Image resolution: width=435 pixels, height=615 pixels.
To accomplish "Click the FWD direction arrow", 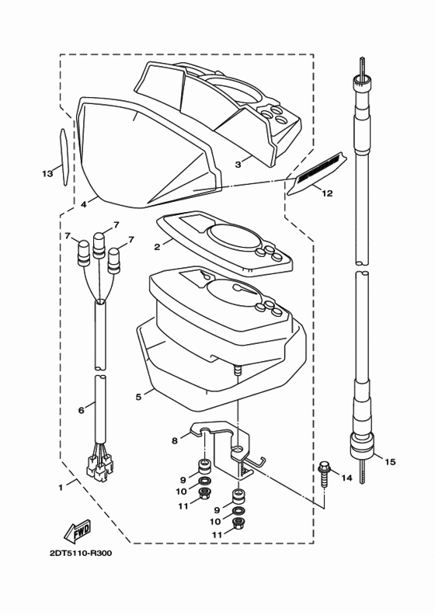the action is click(77, 530).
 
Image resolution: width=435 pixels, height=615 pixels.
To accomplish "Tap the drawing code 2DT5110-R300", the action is click(81, 554).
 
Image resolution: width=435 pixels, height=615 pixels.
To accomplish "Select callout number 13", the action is click(47, 173).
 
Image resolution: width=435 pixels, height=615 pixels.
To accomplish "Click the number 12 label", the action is click(328, 193).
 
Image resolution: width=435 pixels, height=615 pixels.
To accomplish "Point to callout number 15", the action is click(390, 462).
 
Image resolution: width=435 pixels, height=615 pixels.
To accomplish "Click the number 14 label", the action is click(346, 478).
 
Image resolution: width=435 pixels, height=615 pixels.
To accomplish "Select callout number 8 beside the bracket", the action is click(175, 440).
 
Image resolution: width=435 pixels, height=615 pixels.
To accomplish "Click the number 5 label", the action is click(138, 397).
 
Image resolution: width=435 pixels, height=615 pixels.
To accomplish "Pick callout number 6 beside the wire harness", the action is click(82, 410).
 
